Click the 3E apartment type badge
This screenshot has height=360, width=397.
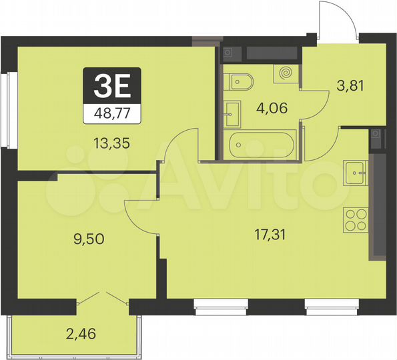pos(112,86)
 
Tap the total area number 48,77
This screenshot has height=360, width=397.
pos(112,113)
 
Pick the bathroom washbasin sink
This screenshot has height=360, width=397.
pos(233,113)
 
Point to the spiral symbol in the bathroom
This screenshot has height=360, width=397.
pos(286,71)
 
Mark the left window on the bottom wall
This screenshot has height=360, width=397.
pos(221,306)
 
